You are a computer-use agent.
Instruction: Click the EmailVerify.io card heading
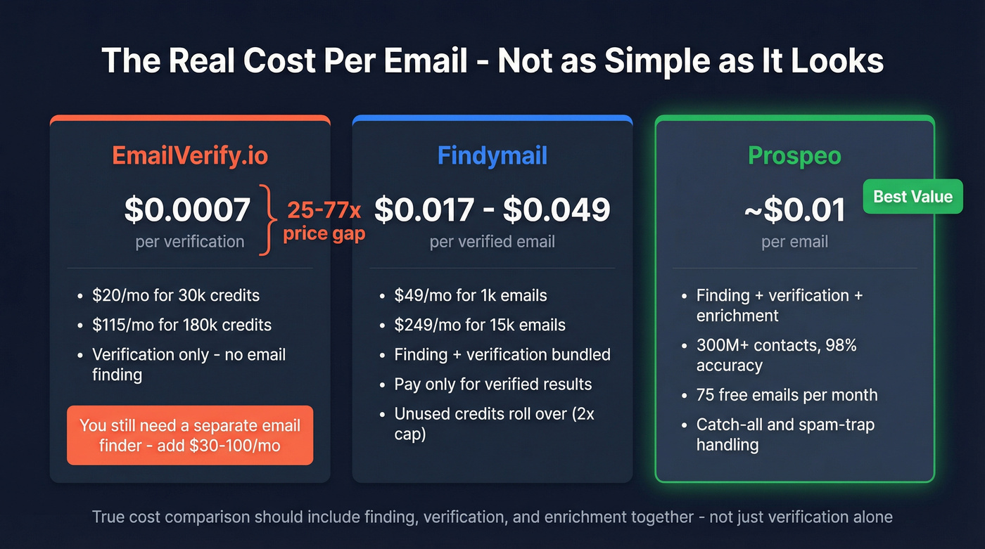point(190,155)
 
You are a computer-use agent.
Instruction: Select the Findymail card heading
point(492,155)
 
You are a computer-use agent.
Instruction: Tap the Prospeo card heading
point(794,155)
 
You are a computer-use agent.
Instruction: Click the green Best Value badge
point(913,196)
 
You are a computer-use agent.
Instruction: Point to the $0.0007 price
point(187,209)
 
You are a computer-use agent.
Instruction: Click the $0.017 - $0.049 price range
point(492,209)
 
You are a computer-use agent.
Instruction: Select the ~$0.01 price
point(794,210)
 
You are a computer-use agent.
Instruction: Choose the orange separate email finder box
point(190,435)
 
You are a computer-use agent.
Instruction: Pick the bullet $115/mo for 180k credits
point(182,325)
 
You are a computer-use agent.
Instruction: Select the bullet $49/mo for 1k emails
point(470,295)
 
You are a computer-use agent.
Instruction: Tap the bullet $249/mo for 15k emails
point(480,325)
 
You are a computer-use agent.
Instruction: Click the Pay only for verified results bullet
point(493,385)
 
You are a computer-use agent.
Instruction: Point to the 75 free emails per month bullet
point(787,395)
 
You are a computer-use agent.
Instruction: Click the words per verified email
point(492,242)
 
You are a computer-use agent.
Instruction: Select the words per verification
point(190,242)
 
